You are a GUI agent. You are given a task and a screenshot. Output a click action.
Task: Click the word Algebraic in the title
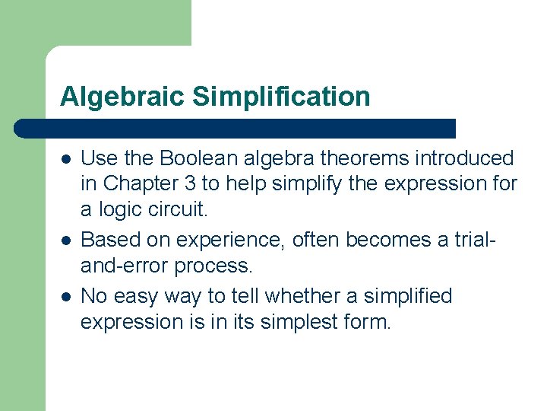(122, 97)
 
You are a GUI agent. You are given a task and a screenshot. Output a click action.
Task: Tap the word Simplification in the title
(281, 97)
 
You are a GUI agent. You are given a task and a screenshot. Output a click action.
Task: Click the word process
(212, 266)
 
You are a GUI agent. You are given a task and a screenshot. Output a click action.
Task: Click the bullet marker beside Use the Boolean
(66, 159)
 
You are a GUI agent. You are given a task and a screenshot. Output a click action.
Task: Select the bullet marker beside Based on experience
(66, 241)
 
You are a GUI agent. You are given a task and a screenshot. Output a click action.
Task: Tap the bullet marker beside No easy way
(66, 295)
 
